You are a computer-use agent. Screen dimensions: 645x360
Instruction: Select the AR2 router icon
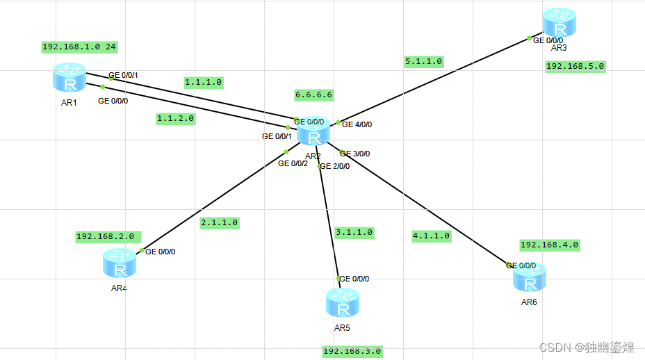coord(314,130)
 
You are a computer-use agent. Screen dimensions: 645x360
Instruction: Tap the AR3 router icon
coord(560,23)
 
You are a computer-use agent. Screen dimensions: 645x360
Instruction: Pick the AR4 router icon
coord(120,263)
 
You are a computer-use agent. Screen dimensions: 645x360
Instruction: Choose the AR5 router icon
coord(342,303)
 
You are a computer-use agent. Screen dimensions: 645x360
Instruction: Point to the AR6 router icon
coord(529,277)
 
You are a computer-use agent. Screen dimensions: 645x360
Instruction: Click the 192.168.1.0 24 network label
coord(79,47)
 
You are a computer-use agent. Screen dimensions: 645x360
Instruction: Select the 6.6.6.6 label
coord(314,95)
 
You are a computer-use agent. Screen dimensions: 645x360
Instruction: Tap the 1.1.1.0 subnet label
coord(203,82)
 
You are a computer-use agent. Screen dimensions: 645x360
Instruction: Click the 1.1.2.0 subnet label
coord(175,119)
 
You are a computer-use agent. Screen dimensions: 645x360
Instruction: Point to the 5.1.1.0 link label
coord(424,61)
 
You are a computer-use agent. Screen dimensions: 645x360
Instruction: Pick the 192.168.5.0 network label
coord(575,67)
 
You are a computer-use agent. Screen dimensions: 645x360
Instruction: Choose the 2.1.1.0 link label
coord(219,223)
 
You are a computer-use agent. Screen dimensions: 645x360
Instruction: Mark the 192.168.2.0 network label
coord(108,236)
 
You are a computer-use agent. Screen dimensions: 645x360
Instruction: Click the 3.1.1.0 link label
coord(354,232)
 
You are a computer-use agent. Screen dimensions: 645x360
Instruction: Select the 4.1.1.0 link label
coord(431,236)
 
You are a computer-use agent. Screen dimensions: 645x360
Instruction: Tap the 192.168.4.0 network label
coord(549,245)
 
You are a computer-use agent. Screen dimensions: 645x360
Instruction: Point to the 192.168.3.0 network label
coord(352,352)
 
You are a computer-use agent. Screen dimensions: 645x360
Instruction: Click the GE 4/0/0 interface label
coord(357,125)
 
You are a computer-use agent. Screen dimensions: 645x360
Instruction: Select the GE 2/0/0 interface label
coord(335,166)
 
